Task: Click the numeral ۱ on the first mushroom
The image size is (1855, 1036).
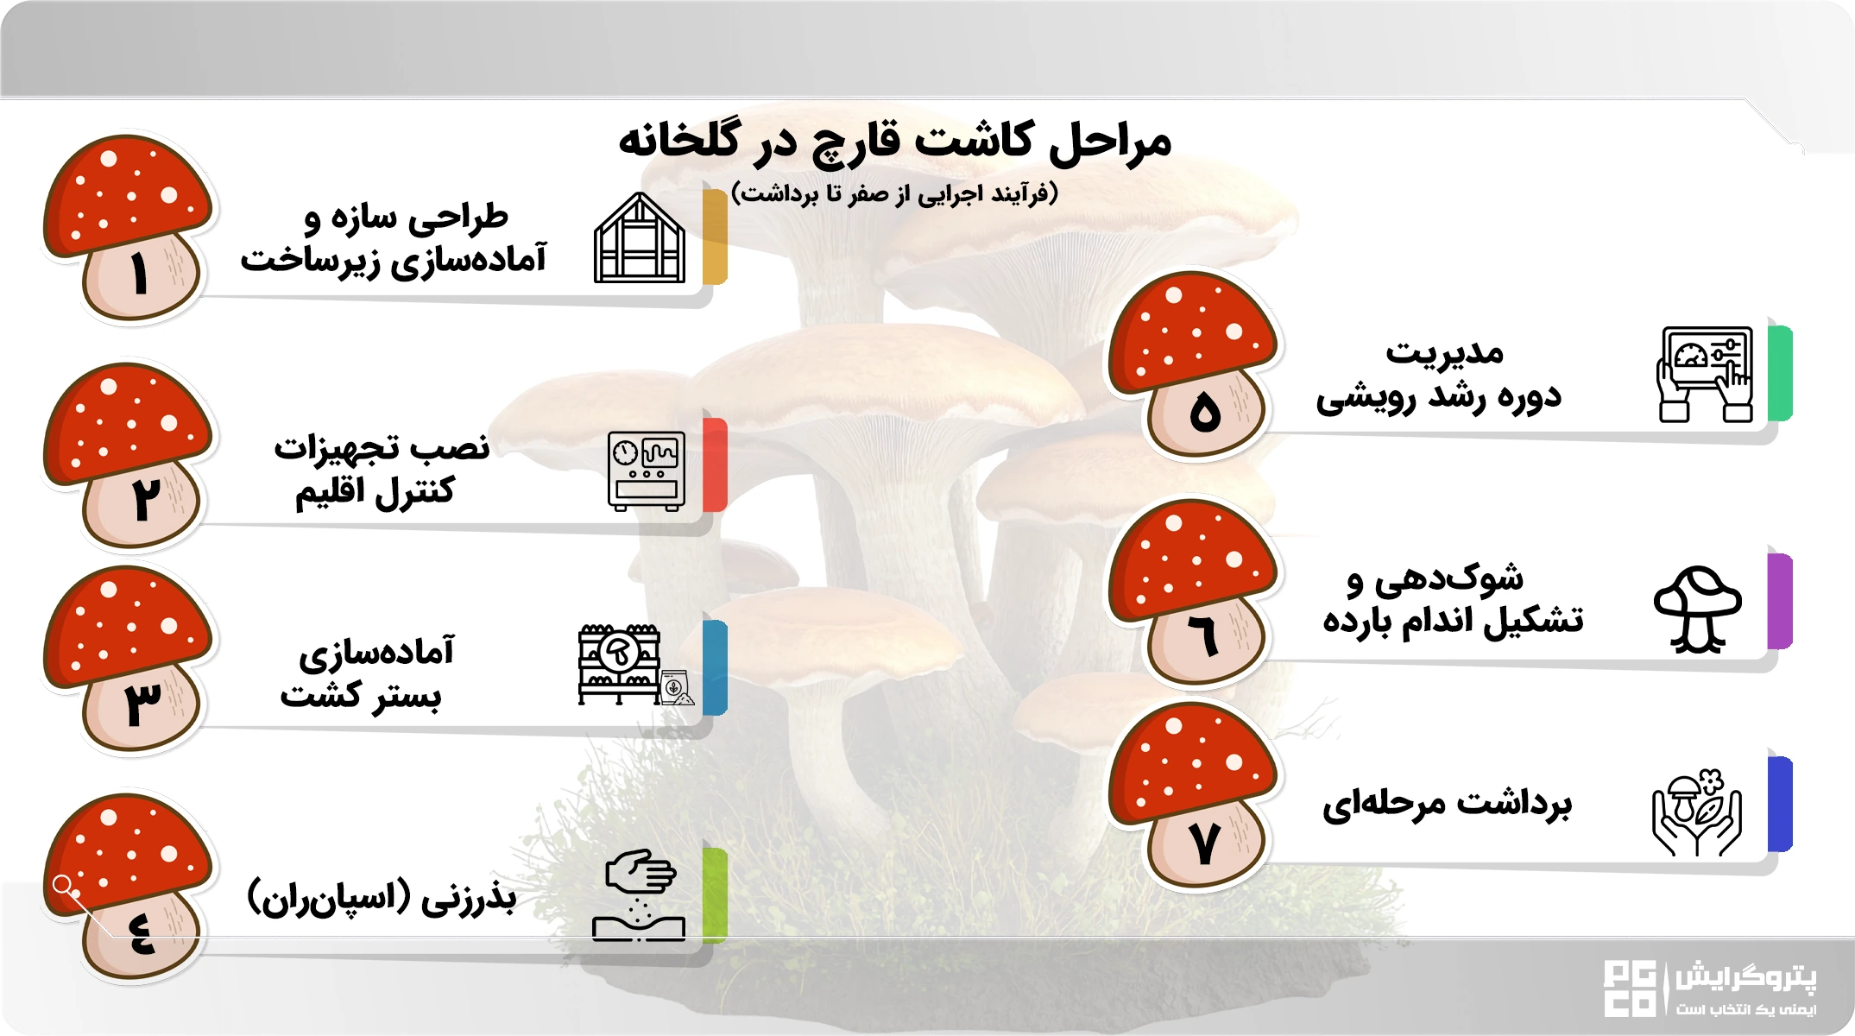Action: click(x=139, y=275)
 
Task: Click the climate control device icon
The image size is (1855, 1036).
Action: click(x=647, y=471)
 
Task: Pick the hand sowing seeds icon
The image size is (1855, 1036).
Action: click(x=639, y=894)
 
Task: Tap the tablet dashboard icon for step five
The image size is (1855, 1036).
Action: click(x=1705, y=374)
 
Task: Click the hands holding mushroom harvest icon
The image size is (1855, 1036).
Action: click(x=1696, y=812)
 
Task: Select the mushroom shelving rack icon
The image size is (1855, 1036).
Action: click(x=620, y=664)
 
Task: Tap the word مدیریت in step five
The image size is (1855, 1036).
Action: click(x=1444, y=352)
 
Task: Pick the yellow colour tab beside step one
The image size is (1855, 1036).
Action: click(x=715, y=237)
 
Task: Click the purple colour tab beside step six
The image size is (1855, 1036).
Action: click(x=1780, y=601)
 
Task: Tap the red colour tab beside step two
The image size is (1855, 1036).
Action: click(x=715, y=464)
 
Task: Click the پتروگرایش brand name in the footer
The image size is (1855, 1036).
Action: click(x=1745, y=978)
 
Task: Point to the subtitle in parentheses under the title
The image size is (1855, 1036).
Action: click(x=894, y=193)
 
